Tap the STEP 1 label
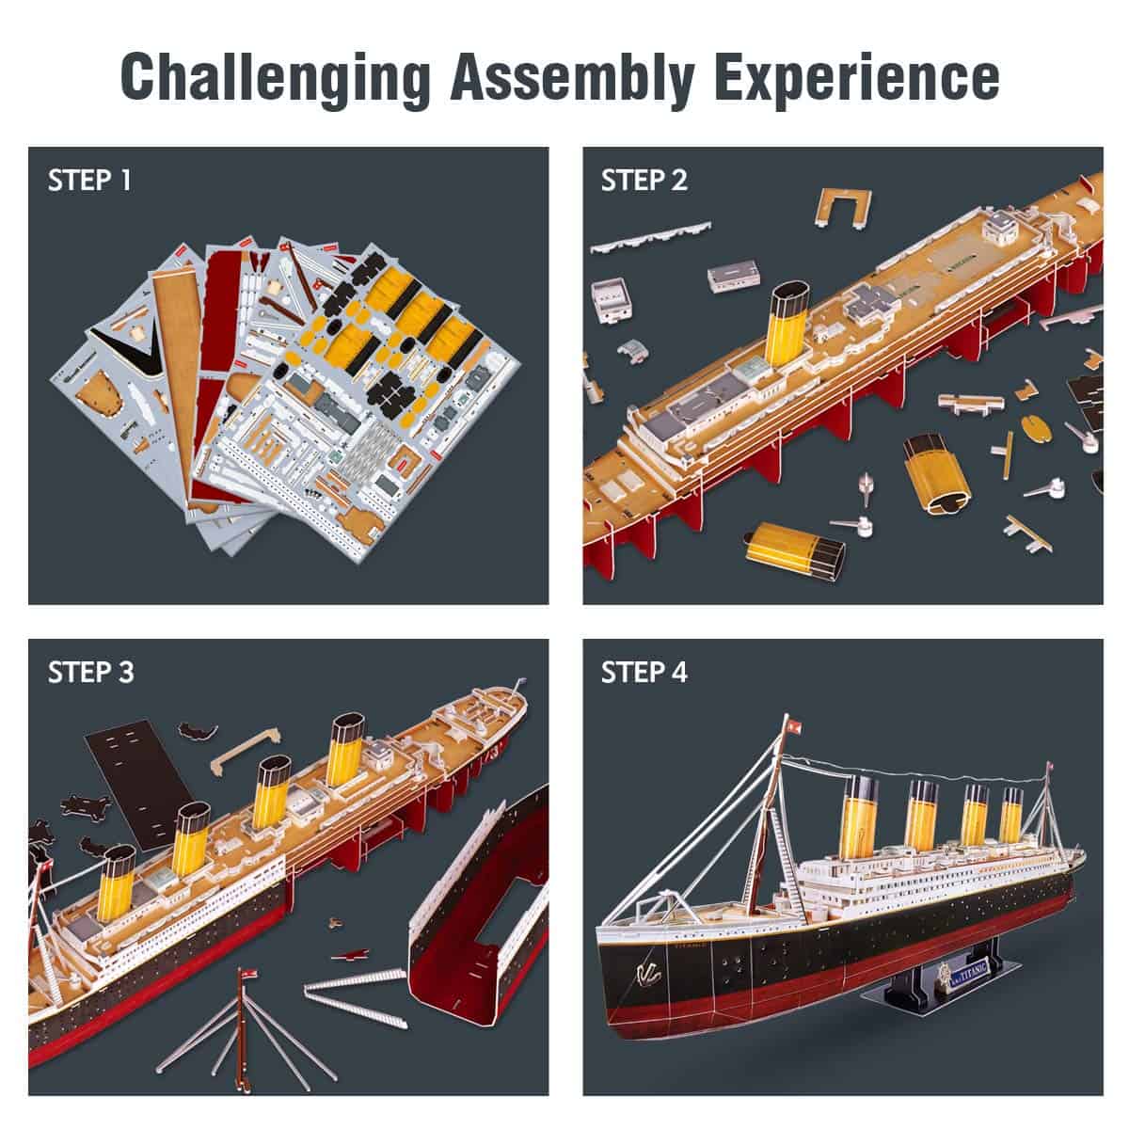click(89, 181)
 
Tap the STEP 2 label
click(644, 181)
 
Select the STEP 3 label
click(90, 672)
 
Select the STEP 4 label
click(644, 672)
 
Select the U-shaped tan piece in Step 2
click(843, 206)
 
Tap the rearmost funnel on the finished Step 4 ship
click(1011, 818)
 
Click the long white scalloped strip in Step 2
click(649, 236)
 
